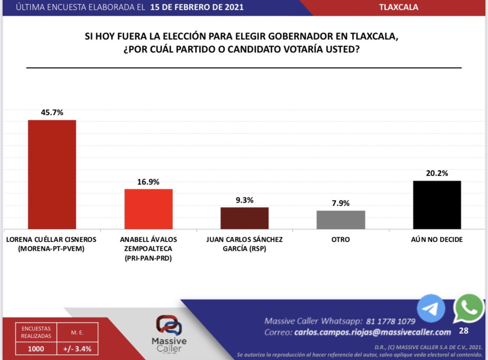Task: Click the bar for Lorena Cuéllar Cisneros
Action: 52,174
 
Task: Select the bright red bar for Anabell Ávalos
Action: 148,209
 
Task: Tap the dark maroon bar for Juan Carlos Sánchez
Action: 244,218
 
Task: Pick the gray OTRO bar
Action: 340,220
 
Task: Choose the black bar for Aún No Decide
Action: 436,205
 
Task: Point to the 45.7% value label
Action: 52,112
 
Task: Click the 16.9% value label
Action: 148,182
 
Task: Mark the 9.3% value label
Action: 244,200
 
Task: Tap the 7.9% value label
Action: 340,203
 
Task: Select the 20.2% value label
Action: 436,173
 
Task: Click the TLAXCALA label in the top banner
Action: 399,7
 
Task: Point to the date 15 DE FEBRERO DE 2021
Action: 197,7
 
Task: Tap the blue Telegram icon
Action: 431,308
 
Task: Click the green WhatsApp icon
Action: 468,308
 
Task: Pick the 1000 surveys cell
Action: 36,348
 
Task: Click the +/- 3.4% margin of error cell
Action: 77,348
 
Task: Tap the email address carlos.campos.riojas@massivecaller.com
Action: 373,332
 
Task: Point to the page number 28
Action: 464,331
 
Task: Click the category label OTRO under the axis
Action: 340,240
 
